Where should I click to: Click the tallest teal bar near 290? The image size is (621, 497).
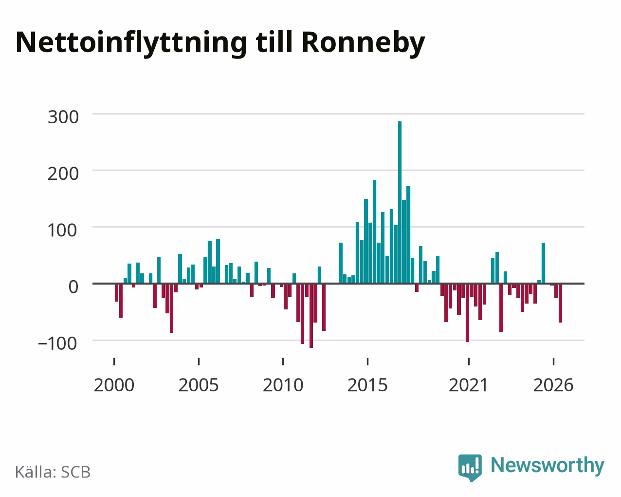(x=400, y=202)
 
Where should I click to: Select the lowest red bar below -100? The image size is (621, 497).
(x=311, y=316)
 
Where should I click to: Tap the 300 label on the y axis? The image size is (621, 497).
(x=63, y=117)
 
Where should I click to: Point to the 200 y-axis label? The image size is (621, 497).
(x=63, y=173)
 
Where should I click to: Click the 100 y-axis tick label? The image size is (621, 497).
(x=63, y=230)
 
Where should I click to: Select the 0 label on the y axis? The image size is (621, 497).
(x=73, y=287)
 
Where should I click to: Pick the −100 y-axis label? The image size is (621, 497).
(x=58, y=344)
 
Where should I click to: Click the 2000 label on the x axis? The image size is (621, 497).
(x=114, y=385)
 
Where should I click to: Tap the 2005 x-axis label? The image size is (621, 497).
(x=199, y=385)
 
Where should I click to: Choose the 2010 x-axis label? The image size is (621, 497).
(x=283, y=385)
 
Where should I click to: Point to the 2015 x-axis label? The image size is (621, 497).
(x=367, y=385)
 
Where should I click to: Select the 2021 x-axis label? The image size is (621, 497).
(x=468, y=385)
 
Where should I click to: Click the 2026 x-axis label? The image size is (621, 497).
(x=553, y=385)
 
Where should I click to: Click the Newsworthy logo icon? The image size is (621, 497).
(x=470, y=468)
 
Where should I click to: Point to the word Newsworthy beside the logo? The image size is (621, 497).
(x=548, y=465)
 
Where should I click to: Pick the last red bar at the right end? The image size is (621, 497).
(x=560, y=303)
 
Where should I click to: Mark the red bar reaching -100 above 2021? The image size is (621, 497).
(x=468, y=313)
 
